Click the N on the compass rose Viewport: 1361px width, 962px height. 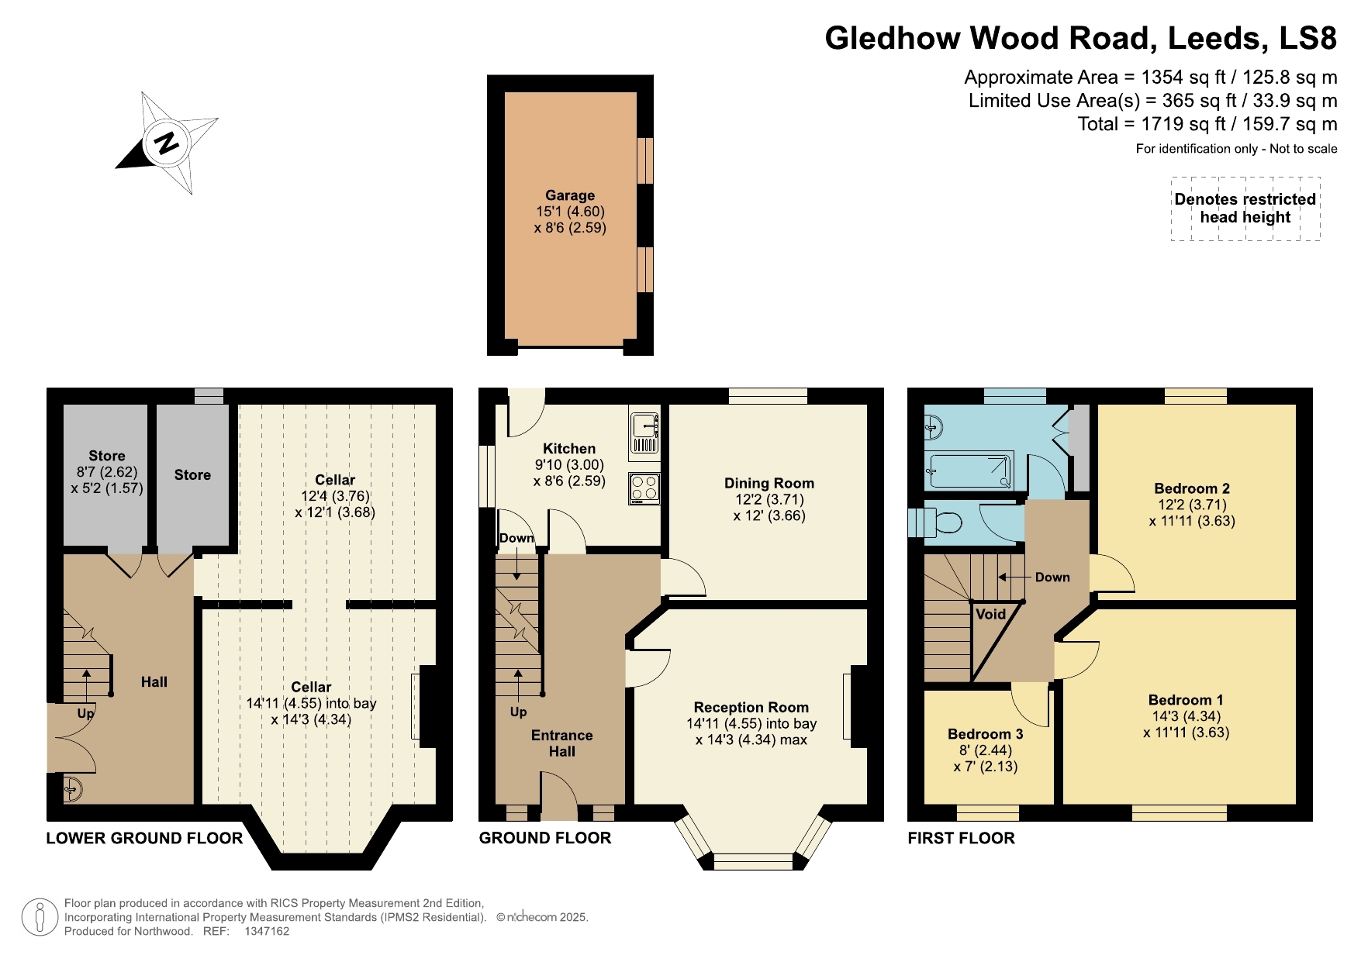165,143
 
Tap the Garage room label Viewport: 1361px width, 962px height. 570,195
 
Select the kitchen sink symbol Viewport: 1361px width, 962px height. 644,427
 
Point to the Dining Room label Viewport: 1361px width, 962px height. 769,483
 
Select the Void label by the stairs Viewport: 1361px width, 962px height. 990,614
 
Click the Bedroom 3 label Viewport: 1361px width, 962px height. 985,733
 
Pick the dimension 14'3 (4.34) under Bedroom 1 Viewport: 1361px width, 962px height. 1186,716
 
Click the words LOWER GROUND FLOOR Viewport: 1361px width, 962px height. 144,838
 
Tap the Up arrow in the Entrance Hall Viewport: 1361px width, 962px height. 517,682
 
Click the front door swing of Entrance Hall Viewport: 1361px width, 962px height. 560,795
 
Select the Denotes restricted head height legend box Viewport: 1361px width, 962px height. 1245,209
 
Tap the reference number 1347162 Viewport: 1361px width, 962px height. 267,931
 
